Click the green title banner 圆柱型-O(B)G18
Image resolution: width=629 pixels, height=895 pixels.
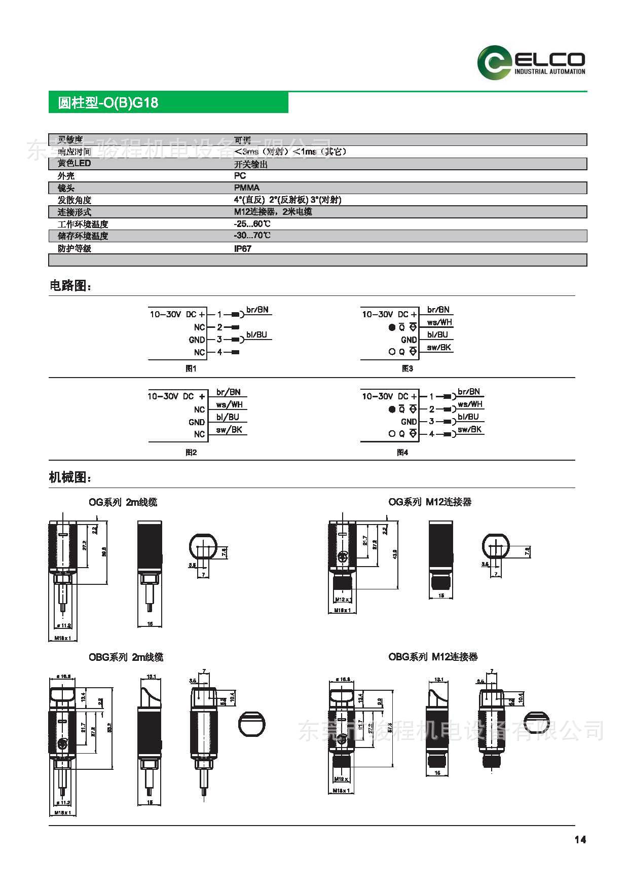168,102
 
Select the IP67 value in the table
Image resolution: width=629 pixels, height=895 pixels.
242,248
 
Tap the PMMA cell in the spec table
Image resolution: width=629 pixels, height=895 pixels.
246,188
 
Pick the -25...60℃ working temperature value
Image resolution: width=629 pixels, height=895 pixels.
252,223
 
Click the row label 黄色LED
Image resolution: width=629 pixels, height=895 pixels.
74,163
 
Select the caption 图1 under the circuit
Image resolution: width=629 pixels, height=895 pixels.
191,369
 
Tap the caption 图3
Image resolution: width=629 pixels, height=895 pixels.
407,369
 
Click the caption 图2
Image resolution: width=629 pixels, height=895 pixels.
191,453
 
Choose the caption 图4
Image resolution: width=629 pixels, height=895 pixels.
402,453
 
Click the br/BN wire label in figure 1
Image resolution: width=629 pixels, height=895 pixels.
257,310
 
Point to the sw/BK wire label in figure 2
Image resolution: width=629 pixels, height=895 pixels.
229,430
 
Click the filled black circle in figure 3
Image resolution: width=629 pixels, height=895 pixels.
391,327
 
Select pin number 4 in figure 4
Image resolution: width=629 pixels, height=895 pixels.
432,434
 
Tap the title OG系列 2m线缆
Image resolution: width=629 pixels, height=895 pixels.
123,502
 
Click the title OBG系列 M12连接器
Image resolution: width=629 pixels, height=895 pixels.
433,657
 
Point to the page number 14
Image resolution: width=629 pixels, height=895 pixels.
580,840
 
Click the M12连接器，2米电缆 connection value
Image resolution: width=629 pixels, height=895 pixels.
273,211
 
